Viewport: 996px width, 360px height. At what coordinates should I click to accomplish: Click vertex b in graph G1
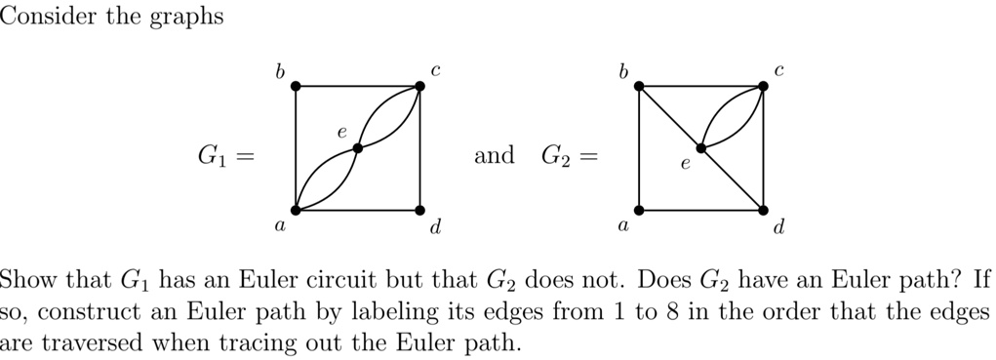tap(296, 86)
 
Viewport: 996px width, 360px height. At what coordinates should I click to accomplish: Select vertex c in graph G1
tap(420, 86)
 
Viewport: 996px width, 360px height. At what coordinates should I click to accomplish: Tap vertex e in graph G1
tap(358, 148)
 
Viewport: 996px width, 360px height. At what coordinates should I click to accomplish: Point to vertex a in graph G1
tap(296, 210)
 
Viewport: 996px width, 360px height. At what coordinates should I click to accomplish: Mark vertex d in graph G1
tap(420, 210)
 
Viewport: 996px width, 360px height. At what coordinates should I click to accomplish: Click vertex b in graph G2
tap(639, 86)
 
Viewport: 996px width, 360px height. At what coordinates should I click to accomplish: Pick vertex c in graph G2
tap(763, 86)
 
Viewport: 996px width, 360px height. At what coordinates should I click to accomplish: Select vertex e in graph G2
tap(701, 148)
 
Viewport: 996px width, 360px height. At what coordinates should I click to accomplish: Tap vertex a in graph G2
tap(639, 210)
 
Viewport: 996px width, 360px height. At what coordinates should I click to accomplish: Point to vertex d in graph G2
tap(763, 210)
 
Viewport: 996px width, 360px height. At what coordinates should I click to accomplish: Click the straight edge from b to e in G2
tap(670, 117)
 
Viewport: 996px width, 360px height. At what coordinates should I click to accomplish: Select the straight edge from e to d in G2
tap(733, 180)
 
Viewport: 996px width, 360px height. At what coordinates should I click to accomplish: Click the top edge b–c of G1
tap(358, 86)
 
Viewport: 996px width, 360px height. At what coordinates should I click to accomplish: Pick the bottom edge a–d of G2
tap(700, 210)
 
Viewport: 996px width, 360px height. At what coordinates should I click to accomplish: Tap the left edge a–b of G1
tap(296, 148)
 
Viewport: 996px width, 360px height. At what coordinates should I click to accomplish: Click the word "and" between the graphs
tap(494, 155)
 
